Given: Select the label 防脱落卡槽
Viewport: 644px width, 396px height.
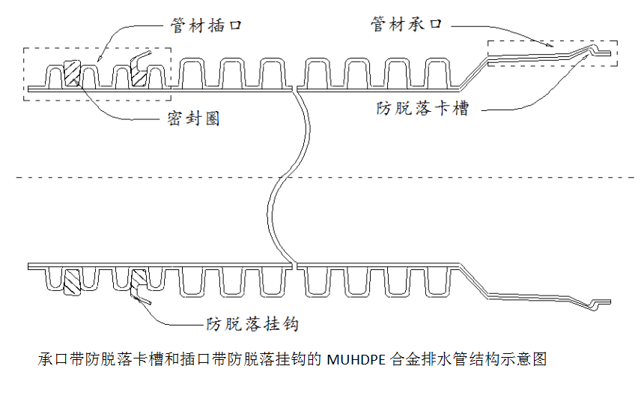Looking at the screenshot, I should coord(422,108).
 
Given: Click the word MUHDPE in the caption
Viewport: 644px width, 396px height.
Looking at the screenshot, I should coord(356,359).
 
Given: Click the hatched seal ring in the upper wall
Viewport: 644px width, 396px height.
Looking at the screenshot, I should coord(73,73).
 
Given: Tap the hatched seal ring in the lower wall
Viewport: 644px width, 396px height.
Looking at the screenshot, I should coord(72,283).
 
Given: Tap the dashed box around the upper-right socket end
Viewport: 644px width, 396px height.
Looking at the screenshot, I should coord(553,41).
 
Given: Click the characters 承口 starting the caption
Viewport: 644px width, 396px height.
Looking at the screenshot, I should coord(51,359).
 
